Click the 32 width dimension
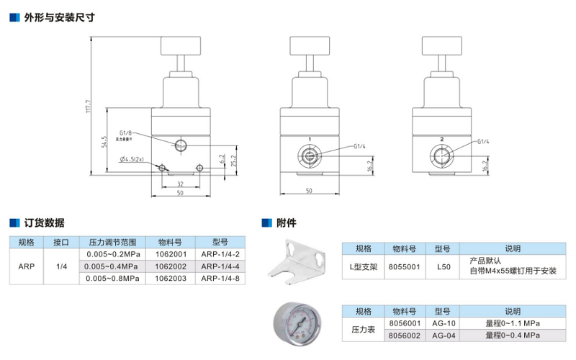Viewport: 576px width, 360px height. pyautogui.click(x=180, y=184)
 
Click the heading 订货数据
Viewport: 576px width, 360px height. pyautogui.click(x=44, y=222)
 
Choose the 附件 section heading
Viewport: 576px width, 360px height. pyautogui.click(x=287, y=222)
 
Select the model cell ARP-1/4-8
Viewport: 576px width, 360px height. pyautogui.click(x=220, y=277)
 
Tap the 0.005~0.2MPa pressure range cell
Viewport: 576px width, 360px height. pyautogui.click(x=112, y=254)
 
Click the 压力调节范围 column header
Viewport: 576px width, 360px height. pyautogui.click(x=112, y=243)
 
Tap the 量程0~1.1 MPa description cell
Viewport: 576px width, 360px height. pyautogui.click(x=512, y=323)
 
